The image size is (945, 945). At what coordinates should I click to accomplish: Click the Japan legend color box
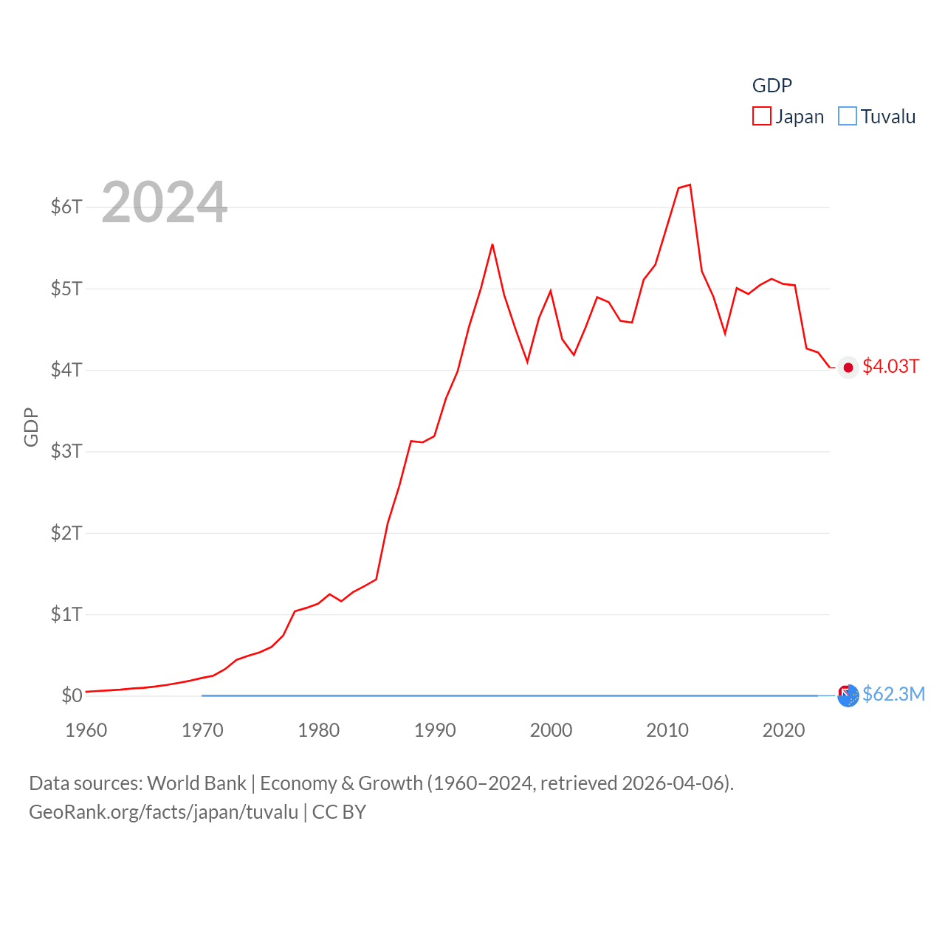pos(762,117)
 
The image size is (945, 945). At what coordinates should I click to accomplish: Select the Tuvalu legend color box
pos(848,117)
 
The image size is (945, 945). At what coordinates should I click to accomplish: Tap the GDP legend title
pos(772,86)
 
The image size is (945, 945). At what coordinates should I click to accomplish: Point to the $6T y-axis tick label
pos(66,207)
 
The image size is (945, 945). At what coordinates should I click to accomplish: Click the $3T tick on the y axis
pos(66,451)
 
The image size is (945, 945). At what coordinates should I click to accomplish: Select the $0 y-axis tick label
pos(72,695)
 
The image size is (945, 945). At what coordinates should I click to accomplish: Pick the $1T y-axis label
pos(66,614)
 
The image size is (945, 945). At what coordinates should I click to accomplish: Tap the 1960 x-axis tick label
pos(86,730)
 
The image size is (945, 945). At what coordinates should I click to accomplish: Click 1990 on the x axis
pos(435,730)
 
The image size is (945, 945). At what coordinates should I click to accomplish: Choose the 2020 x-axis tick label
pos(783,730)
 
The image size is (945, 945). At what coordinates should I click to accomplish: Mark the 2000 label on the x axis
pos(551,730)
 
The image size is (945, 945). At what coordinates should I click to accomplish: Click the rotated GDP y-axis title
pos(31,427)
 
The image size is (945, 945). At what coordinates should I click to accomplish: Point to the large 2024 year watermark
pos(164,202)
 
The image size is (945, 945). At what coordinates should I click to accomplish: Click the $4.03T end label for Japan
pos(890,367)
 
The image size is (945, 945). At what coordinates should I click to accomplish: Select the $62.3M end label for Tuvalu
pos(893,695)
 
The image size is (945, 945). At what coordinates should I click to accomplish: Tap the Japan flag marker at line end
pos(848,368)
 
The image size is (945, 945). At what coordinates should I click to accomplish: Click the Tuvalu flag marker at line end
pos(848,695)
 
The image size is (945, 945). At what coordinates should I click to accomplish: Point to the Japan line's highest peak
pos(690,185)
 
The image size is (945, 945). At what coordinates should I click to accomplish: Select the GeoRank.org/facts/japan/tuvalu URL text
pos(164,812)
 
